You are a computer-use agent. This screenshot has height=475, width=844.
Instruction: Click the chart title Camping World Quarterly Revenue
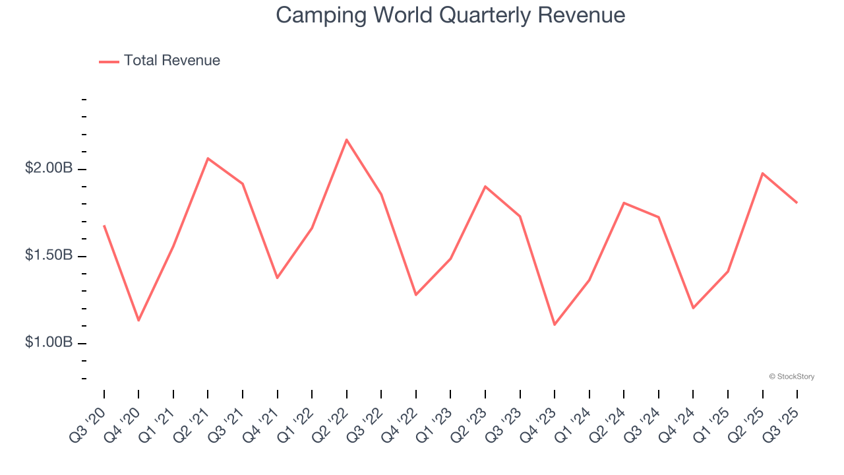click(x=450, y=15)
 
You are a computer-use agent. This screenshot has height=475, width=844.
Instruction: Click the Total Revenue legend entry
click(x=160, y=61)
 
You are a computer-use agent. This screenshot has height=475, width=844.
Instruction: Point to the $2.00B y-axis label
click(x=49, y=168)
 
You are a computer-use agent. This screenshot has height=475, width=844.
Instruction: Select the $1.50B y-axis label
click(x=49, y=255)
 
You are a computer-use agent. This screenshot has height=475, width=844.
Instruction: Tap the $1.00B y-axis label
click(x=49, y=342)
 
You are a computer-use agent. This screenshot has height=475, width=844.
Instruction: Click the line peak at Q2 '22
click(x=347, y=139)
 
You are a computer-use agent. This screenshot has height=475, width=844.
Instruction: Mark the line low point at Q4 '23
click(x=555, y=325)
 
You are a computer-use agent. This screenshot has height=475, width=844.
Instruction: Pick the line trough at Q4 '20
click(x=138, y=321)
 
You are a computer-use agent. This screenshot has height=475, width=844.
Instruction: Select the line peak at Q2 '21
click(x=208, y=158)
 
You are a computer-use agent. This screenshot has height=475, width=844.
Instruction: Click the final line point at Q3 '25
click(x=797, y=203)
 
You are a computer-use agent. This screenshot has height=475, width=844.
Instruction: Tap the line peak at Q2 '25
click(x=762, y=174)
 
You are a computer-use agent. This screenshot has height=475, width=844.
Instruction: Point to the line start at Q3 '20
click(x=104, y=226)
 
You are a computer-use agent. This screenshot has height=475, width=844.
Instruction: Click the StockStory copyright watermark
click(x=791, y=377)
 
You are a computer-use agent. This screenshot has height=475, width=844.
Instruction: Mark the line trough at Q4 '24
click(x=693, y=308)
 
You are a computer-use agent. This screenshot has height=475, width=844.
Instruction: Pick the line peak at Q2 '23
click(x=485, y=186)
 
